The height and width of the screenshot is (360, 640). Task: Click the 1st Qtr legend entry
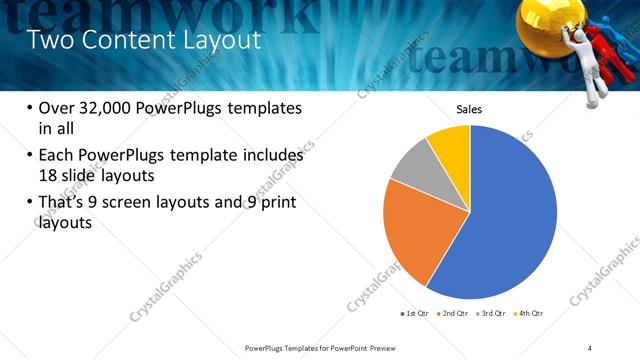416,314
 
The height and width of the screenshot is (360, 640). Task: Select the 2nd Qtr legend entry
454,314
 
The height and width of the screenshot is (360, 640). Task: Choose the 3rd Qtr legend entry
492,314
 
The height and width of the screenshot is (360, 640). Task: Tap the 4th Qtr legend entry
529,314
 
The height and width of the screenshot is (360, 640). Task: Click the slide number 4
590,347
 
